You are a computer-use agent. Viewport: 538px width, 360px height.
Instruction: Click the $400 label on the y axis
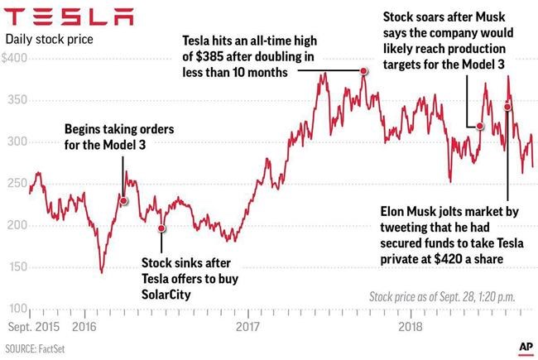coord(15,60)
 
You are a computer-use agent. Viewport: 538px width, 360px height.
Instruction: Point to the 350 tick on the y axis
coord(15,100)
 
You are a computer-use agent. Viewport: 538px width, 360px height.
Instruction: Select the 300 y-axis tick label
coord(15,142)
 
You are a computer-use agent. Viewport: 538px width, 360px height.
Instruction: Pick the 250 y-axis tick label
coord(15,184)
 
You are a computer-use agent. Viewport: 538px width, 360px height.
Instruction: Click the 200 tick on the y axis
coord(15,225)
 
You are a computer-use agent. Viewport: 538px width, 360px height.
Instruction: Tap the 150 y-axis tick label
coord(15,267)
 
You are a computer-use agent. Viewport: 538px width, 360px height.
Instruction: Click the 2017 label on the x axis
coord(247,327)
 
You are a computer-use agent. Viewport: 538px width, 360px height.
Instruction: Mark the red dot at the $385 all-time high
coord(363,72)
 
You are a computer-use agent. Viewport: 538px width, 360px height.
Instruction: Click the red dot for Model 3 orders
coord(123,200)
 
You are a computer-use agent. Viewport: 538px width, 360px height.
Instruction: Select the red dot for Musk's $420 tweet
coord(507,106)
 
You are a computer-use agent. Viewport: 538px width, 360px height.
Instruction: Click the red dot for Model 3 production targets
coord(479,126)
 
